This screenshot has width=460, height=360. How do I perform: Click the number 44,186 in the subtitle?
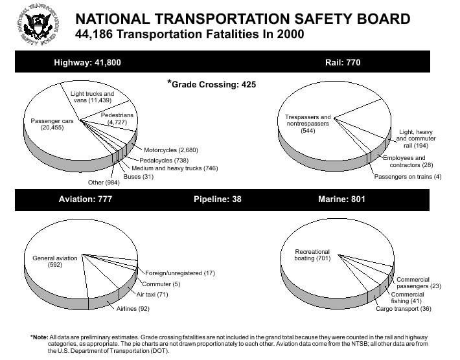click(x=92, y=33)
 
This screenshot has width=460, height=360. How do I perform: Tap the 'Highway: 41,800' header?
click(x=87, y=62)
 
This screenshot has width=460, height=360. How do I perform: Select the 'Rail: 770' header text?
click(x=343, y=62)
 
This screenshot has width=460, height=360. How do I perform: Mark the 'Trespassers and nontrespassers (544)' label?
click(x=308, y=124)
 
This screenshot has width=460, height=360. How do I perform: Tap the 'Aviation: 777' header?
click(x=86, y=199)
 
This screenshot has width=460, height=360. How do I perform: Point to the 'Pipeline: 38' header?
click(x=218, y=199)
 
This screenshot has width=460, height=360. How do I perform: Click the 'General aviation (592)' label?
click(x=55, y=261)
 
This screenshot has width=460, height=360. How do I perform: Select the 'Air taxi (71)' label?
click(x=152, y=294)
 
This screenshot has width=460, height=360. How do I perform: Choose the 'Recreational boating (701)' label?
click(x=312, y=255)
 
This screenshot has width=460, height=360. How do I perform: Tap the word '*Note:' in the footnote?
click(x=39, y=337)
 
